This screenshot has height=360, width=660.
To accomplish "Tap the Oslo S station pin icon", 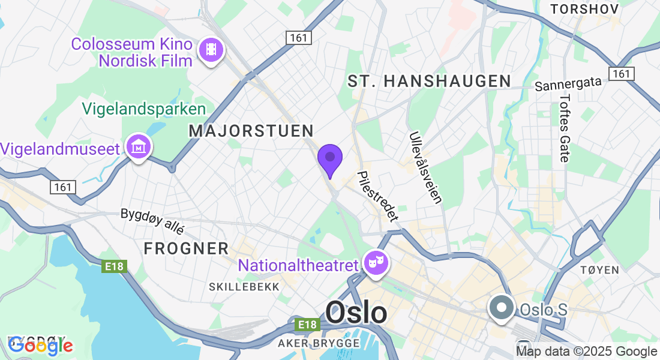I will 501,308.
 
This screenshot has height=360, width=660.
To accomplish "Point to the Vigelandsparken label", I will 144,109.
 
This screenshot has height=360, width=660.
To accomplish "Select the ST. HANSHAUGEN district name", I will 429,81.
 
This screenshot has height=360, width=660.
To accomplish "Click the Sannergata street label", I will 568,85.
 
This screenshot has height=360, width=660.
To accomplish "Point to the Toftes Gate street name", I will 565,128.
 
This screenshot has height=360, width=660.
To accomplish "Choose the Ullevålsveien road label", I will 425,168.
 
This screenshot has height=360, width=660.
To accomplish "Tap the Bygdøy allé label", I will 152,221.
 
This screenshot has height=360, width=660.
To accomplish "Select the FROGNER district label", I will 186,248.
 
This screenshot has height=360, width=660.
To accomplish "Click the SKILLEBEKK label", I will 244,287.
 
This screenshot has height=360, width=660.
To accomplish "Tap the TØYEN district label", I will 599,271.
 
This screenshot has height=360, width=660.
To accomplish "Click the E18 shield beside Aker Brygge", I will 307,325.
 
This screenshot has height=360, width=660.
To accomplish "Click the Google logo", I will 40,346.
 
